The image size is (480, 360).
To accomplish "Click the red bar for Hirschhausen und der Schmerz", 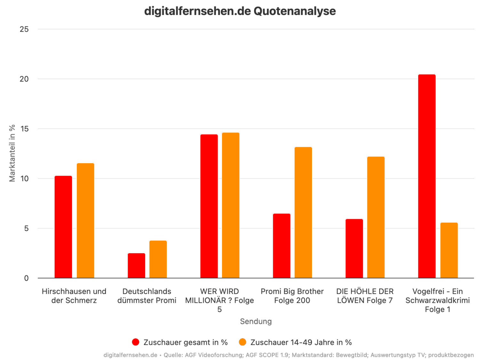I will click(x=63, y=227).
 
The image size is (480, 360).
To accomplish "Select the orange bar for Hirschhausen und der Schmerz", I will click(x=85, y=220).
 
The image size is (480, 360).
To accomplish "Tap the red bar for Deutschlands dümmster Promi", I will click(x=136, y=266).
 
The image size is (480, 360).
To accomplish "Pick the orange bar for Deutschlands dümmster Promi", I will click(x=158, y=259).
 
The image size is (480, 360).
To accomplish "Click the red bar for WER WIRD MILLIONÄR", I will click(x=209, y=206).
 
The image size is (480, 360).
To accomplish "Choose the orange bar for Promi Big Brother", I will click(x=303, y=212).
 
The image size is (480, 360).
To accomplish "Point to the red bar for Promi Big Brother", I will click(x=282, y=246).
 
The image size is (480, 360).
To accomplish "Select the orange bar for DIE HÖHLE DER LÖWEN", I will click(x=376, y=217).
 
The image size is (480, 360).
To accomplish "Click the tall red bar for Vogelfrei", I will click(x=427, y=176).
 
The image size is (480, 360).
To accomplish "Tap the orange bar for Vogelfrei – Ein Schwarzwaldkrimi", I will click(x=449, y=250).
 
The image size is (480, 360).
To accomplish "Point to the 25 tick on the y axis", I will click(x=24, y=29).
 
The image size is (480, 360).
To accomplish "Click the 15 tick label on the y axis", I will click(x=24, y=129).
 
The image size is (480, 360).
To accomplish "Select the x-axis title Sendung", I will click(x=256, y=321).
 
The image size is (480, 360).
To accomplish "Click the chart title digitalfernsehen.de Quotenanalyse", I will click(x=240, y=11).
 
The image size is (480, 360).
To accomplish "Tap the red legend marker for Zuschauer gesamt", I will click(x=136, y=342).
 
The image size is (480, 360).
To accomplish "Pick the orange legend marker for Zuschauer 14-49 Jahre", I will click(x=243, y=342).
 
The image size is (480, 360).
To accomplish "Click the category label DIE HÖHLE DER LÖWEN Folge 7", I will click(x=365, y=296).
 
